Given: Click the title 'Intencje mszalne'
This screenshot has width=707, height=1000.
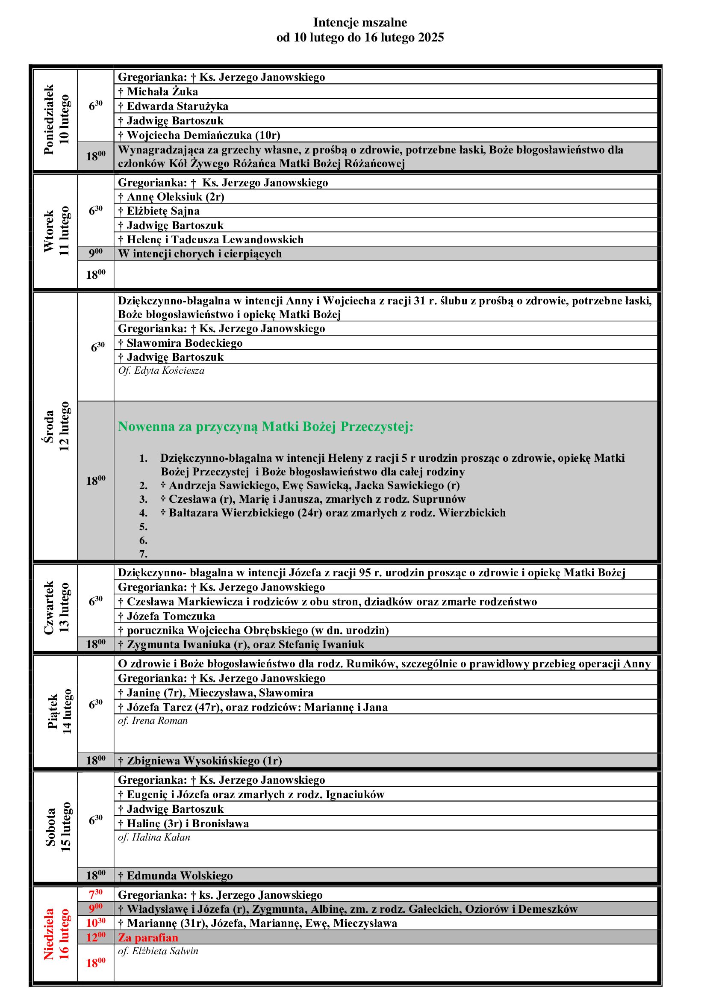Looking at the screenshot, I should pos(360,22).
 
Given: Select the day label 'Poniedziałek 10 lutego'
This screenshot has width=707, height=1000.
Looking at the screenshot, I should pos(56,120).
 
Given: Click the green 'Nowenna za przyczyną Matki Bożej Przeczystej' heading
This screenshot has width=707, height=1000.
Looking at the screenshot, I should pos(265,426).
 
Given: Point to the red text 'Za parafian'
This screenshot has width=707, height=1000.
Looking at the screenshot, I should pos(148,937).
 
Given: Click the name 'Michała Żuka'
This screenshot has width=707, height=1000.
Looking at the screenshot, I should pos(162,91).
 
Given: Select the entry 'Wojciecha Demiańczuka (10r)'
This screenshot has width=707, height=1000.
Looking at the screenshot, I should pos(203,135).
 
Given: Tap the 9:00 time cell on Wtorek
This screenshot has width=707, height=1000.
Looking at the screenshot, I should pos(95,253).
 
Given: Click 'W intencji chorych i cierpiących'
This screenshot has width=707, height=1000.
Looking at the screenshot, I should pos(200,254).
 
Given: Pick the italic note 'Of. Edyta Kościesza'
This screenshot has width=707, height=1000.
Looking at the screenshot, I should pos(161,371).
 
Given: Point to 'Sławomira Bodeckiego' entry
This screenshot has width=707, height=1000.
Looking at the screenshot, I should pos(184,343).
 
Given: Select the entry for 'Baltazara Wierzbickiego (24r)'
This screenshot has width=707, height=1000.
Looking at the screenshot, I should pos(333,513).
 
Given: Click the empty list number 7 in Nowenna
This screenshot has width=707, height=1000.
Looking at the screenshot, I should pos(143,554).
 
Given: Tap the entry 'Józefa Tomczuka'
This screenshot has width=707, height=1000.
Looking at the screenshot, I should pos(171,616).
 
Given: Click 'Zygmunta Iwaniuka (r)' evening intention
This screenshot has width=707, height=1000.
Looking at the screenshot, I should pos(241,644).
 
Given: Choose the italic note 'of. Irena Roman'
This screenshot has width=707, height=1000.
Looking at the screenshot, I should pos(153,720).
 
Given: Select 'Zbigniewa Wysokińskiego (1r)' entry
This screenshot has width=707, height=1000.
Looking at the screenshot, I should pos(204,761).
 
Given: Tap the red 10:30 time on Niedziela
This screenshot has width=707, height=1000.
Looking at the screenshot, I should pos(95,923).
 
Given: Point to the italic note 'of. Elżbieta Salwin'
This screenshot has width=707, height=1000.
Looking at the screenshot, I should pos(158,951).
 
